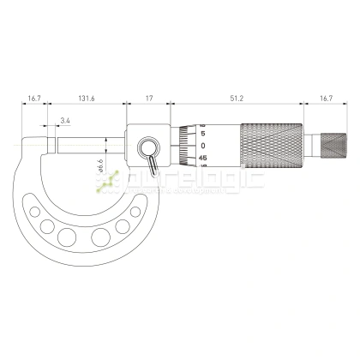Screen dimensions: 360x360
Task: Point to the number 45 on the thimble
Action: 202,158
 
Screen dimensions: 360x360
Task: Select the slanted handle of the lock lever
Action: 153,162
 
